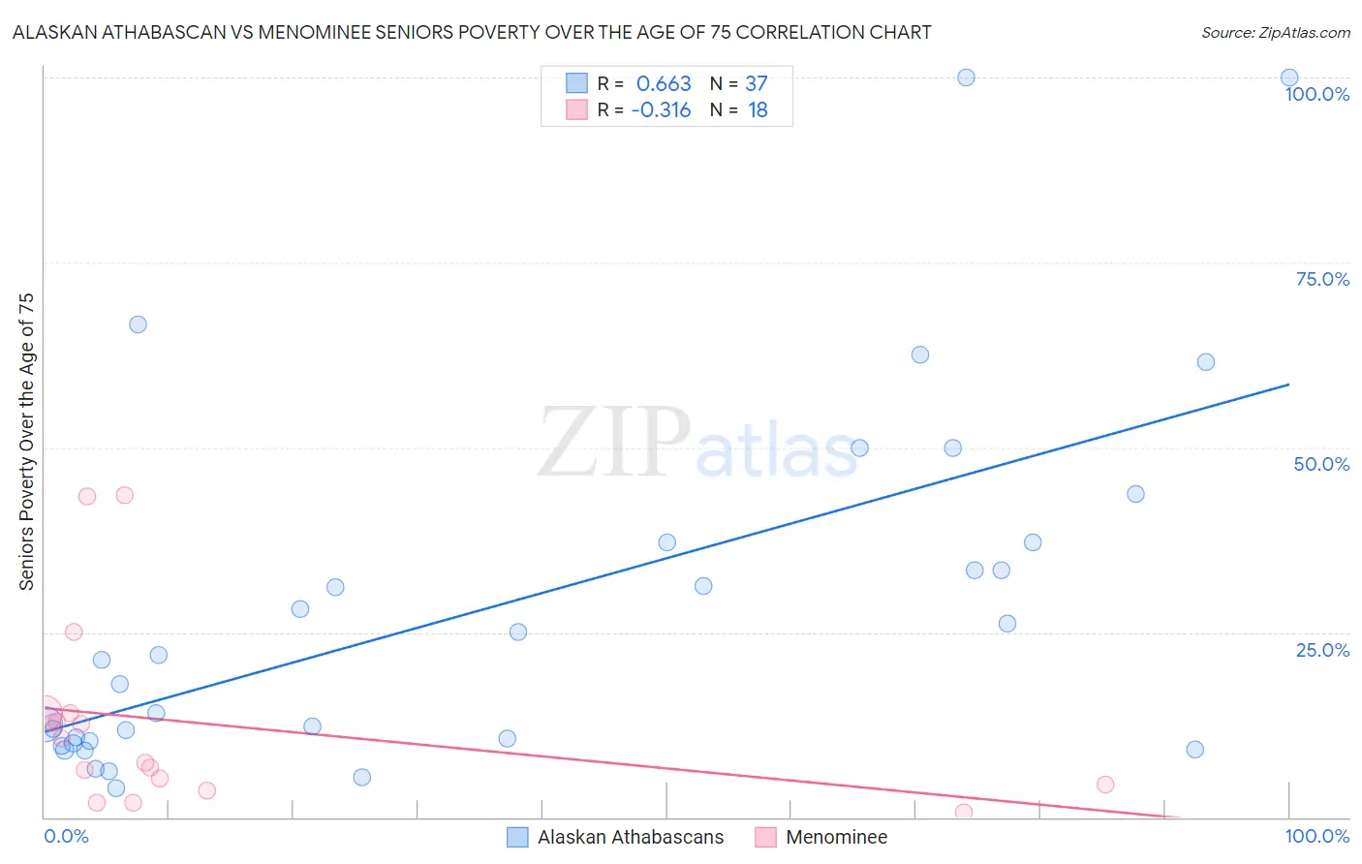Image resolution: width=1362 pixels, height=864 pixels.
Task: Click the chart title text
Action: (x=472, y=32)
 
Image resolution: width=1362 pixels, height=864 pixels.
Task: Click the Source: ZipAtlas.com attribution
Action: (x=1275, y=32)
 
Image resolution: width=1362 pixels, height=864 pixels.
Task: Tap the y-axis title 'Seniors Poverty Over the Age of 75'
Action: (x=26, y=441)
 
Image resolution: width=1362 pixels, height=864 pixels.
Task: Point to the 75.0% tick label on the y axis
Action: (x=1321, y=279)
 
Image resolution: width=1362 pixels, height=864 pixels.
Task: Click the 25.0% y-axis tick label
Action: (x=1321, y=650)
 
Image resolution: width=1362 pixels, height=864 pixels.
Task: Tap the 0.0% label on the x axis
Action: (x=66, y=836)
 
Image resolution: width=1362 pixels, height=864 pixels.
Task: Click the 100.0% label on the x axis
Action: (x=1316, y=836)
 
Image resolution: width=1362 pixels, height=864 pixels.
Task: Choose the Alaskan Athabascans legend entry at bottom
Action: (x=616, y=837)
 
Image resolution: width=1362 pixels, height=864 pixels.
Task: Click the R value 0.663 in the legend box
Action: (x=664, y=83)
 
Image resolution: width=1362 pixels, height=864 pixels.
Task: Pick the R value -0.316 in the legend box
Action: (x=661, y=109)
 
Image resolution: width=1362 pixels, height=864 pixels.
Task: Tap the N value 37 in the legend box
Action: (x=756, y=83)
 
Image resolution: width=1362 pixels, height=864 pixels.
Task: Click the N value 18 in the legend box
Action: (x=758, y=109)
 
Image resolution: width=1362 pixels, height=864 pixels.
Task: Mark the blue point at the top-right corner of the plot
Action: (x=1289, y=77)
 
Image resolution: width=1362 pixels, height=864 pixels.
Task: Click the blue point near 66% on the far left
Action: (x=138, y=324)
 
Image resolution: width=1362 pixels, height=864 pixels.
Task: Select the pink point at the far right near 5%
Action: (x=1105, y=785)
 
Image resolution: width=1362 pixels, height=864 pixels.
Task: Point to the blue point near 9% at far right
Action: (x=1194, y=750)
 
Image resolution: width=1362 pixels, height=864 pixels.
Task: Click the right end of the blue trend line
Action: (x=1287, y=385)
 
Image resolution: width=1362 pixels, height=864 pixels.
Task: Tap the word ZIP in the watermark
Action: (x=614, y=443)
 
